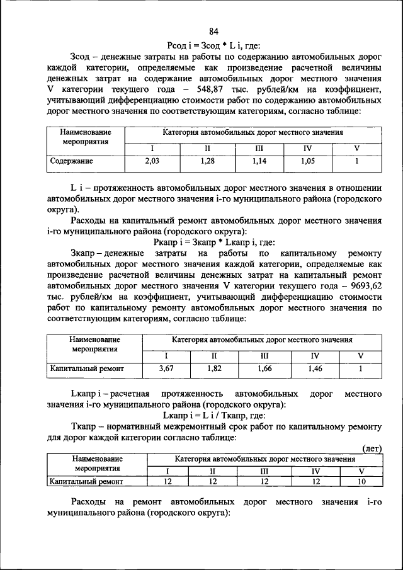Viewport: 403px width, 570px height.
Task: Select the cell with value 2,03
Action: pos(152,161)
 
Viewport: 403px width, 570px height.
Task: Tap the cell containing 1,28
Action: pos(207,161)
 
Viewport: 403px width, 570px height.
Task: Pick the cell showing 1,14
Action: pos(259,161)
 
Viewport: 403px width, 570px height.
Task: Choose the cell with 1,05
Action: pos(307,161)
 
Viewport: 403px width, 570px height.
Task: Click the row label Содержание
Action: pos(72,161)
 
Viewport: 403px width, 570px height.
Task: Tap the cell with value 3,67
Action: pos(166,368)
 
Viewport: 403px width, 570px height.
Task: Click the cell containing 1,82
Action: pos(214,368)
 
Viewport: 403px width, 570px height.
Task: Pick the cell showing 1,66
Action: pos(264,368)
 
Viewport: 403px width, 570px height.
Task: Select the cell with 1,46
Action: pos(315,368)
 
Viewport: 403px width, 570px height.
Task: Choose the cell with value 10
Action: pos(361,482)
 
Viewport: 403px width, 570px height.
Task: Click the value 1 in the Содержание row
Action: pos(356,161)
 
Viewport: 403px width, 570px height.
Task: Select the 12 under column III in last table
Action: pos(264,482)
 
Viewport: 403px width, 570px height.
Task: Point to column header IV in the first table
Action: pos(307,149)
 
